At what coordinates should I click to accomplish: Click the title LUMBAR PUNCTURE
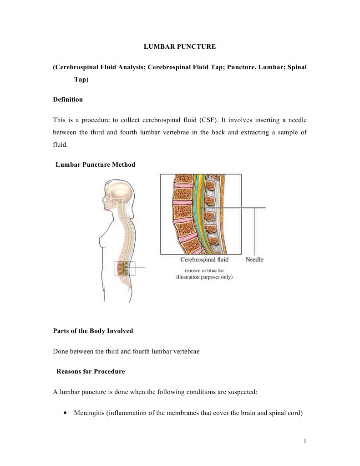point(180,46)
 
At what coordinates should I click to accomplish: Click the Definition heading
point(68,99)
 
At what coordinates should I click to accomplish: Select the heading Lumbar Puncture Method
point(95,164)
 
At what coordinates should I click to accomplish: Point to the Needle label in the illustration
point(254,260)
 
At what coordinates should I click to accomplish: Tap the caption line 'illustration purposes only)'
point(204,276)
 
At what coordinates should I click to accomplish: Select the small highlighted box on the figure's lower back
point(125,269)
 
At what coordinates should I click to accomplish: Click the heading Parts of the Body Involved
point(93,331)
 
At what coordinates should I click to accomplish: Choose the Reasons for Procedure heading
point(90,372)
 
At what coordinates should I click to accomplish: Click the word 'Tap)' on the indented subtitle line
point(81,79)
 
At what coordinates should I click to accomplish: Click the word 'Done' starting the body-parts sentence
point(61,351)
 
